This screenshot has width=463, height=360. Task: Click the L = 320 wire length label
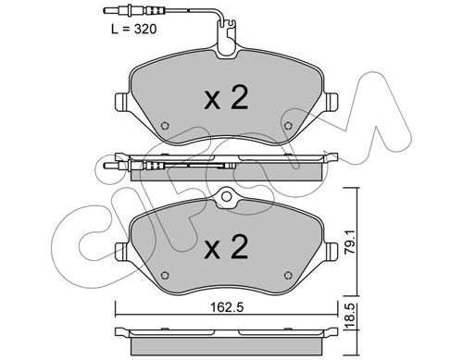[134, 29]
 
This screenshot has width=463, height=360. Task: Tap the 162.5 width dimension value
[227, 307]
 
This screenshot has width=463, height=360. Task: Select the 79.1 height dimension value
[351, 242]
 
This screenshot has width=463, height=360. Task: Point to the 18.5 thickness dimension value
[351, 317]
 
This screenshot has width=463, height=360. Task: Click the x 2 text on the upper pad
[226, 98]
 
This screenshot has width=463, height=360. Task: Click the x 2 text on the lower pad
[226, 247]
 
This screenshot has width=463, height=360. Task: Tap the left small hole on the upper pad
[165, 126]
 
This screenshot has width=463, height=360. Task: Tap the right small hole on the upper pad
[288, 126]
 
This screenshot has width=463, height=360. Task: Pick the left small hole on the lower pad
[165, 275]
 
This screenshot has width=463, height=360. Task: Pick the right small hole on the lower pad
[288, 275]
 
